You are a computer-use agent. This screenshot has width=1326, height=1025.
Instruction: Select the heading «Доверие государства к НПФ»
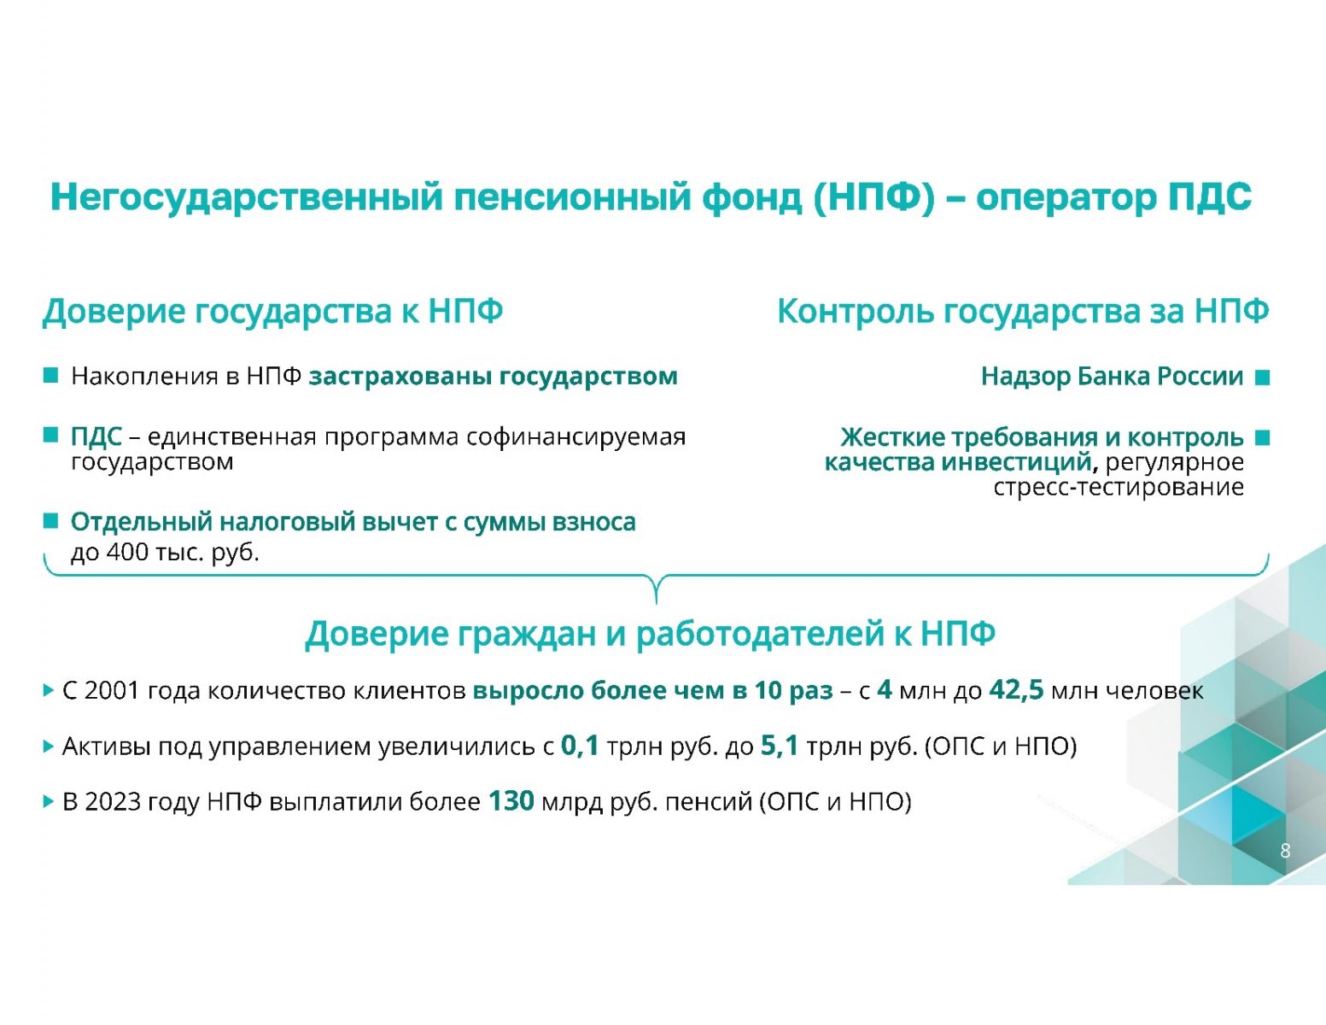tap(272, 312)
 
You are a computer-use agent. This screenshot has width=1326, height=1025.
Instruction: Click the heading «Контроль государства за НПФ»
tap(1023, 312)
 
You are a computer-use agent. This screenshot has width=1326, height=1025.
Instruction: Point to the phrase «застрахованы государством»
tap(493, 377)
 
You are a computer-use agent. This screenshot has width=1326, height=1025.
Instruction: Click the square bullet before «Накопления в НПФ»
tap(50, 376)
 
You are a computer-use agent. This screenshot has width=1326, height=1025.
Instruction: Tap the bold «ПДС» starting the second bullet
tap(96, 437)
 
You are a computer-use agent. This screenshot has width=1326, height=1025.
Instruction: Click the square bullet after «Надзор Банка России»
tap(1263, 378)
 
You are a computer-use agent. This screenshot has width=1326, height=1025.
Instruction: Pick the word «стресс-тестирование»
tap(1119, 488)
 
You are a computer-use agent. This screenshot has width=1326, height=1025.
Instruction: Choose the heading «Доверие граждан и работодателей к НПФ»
tap(651, 635)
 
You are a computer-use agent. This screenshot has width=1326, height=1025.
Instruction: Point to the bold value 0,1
tap(580, 747)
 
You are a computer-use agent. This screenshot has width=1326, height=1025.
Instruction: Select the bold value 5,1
tap(780, 747)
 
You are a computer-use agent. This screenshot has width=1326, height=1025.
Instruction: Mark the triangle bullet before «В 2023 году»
tap(49, 802)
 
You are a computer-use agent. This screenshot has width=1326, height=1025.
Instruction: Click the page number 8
tap(1285, 851)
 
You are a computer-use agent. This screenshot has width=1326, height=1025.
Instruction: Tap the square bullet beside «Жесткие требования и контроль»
tap(1263, 437)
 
